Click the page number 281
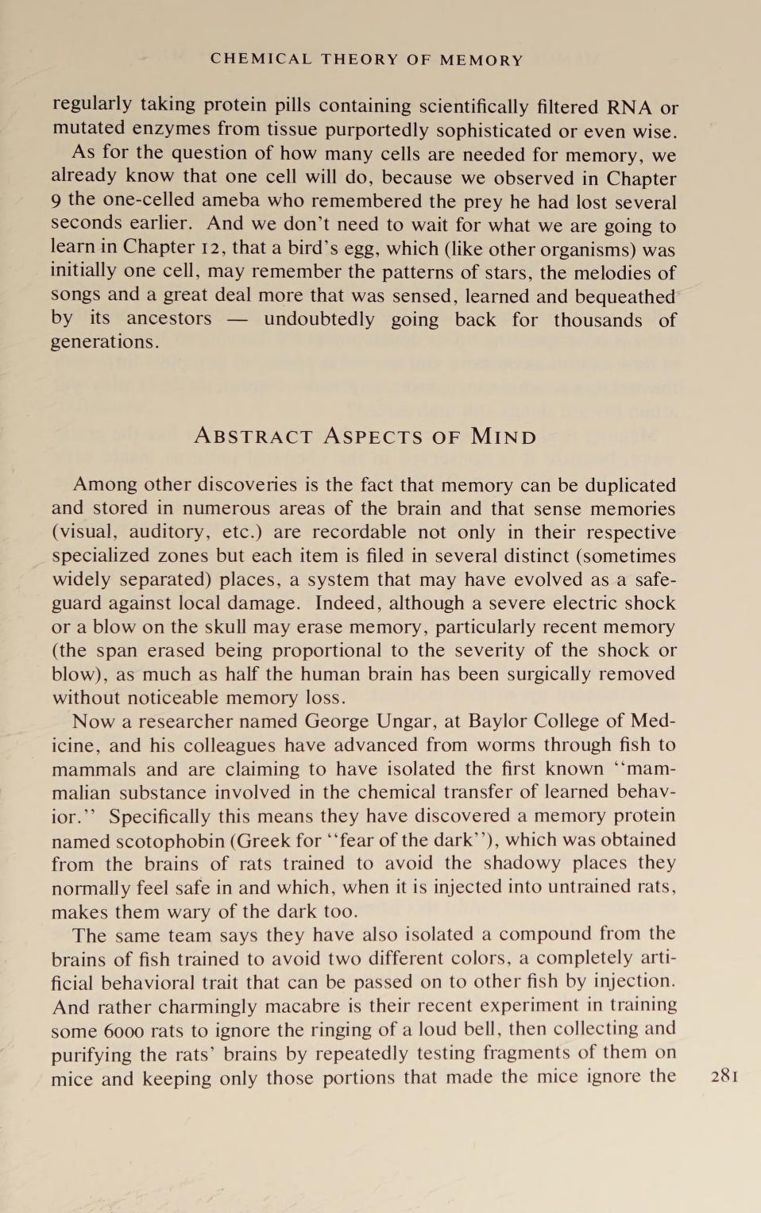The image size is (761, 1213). tap(724, 1076)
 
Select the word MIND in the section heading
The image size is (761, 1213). tap(504, 436)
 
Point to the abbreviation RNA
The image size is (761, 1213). tap(630, 106)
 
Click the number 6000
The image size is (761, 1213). tap(122, 1030)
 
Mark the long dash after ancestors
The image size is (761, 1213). tap(238, 319)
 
